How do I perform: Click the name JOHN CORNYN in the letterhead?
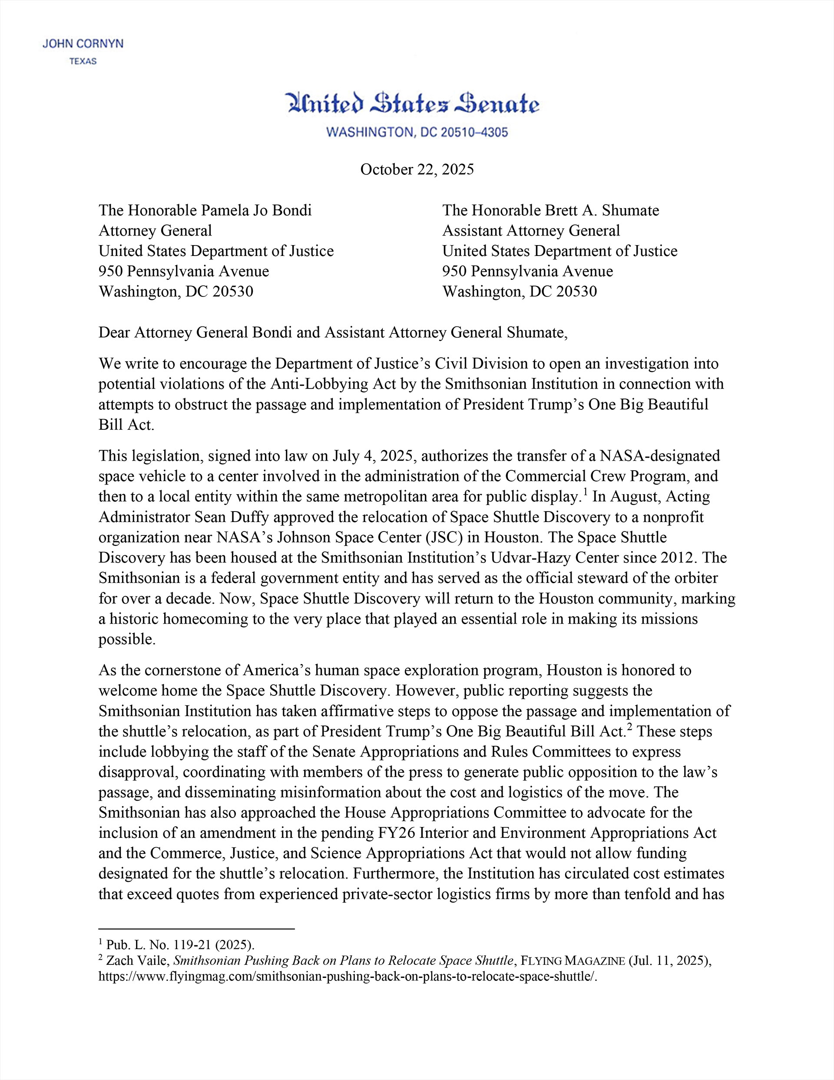(x=83, y=44)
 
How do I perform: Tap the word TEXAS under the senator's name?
(x=83, y=62)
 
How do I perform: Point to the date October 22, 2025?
(x=417, y=169)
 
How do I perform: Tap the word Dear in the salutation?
(x=115, y=332)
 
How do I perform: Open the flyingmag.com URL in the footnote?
(x=348, y=977)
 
